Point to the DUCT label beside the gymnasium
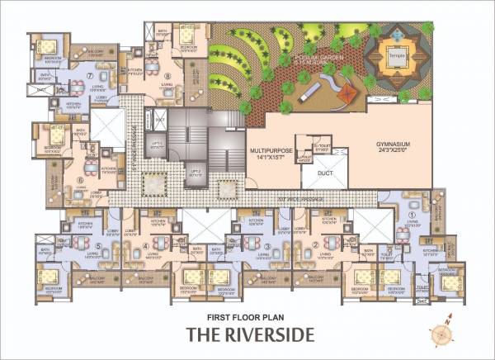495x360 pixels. [x=325, y=173]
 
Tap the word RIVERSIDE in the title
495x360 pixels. [x=271, y=335]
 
